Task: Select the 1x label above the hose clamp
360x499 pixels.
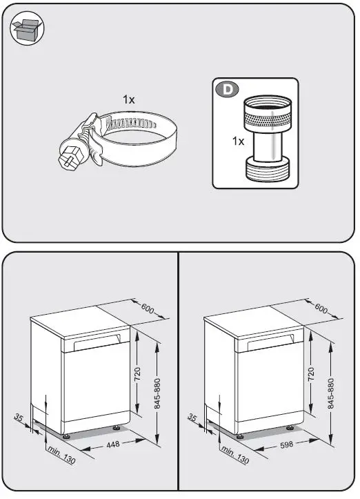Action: click(x=129, y=100)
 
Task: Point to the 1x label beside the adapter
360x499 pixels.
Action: click(x=238, y=141)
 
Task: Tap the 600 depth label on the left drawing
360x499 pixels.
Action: click(x=146, y=307)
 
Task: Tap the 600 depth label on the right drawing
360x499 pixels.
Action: click(x=321, y=307)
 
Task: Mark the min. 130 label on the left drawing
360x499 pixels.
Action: click(x=61, y=455)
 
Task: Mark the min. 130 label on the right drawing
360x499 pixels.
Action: click(x=234, y=455)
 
